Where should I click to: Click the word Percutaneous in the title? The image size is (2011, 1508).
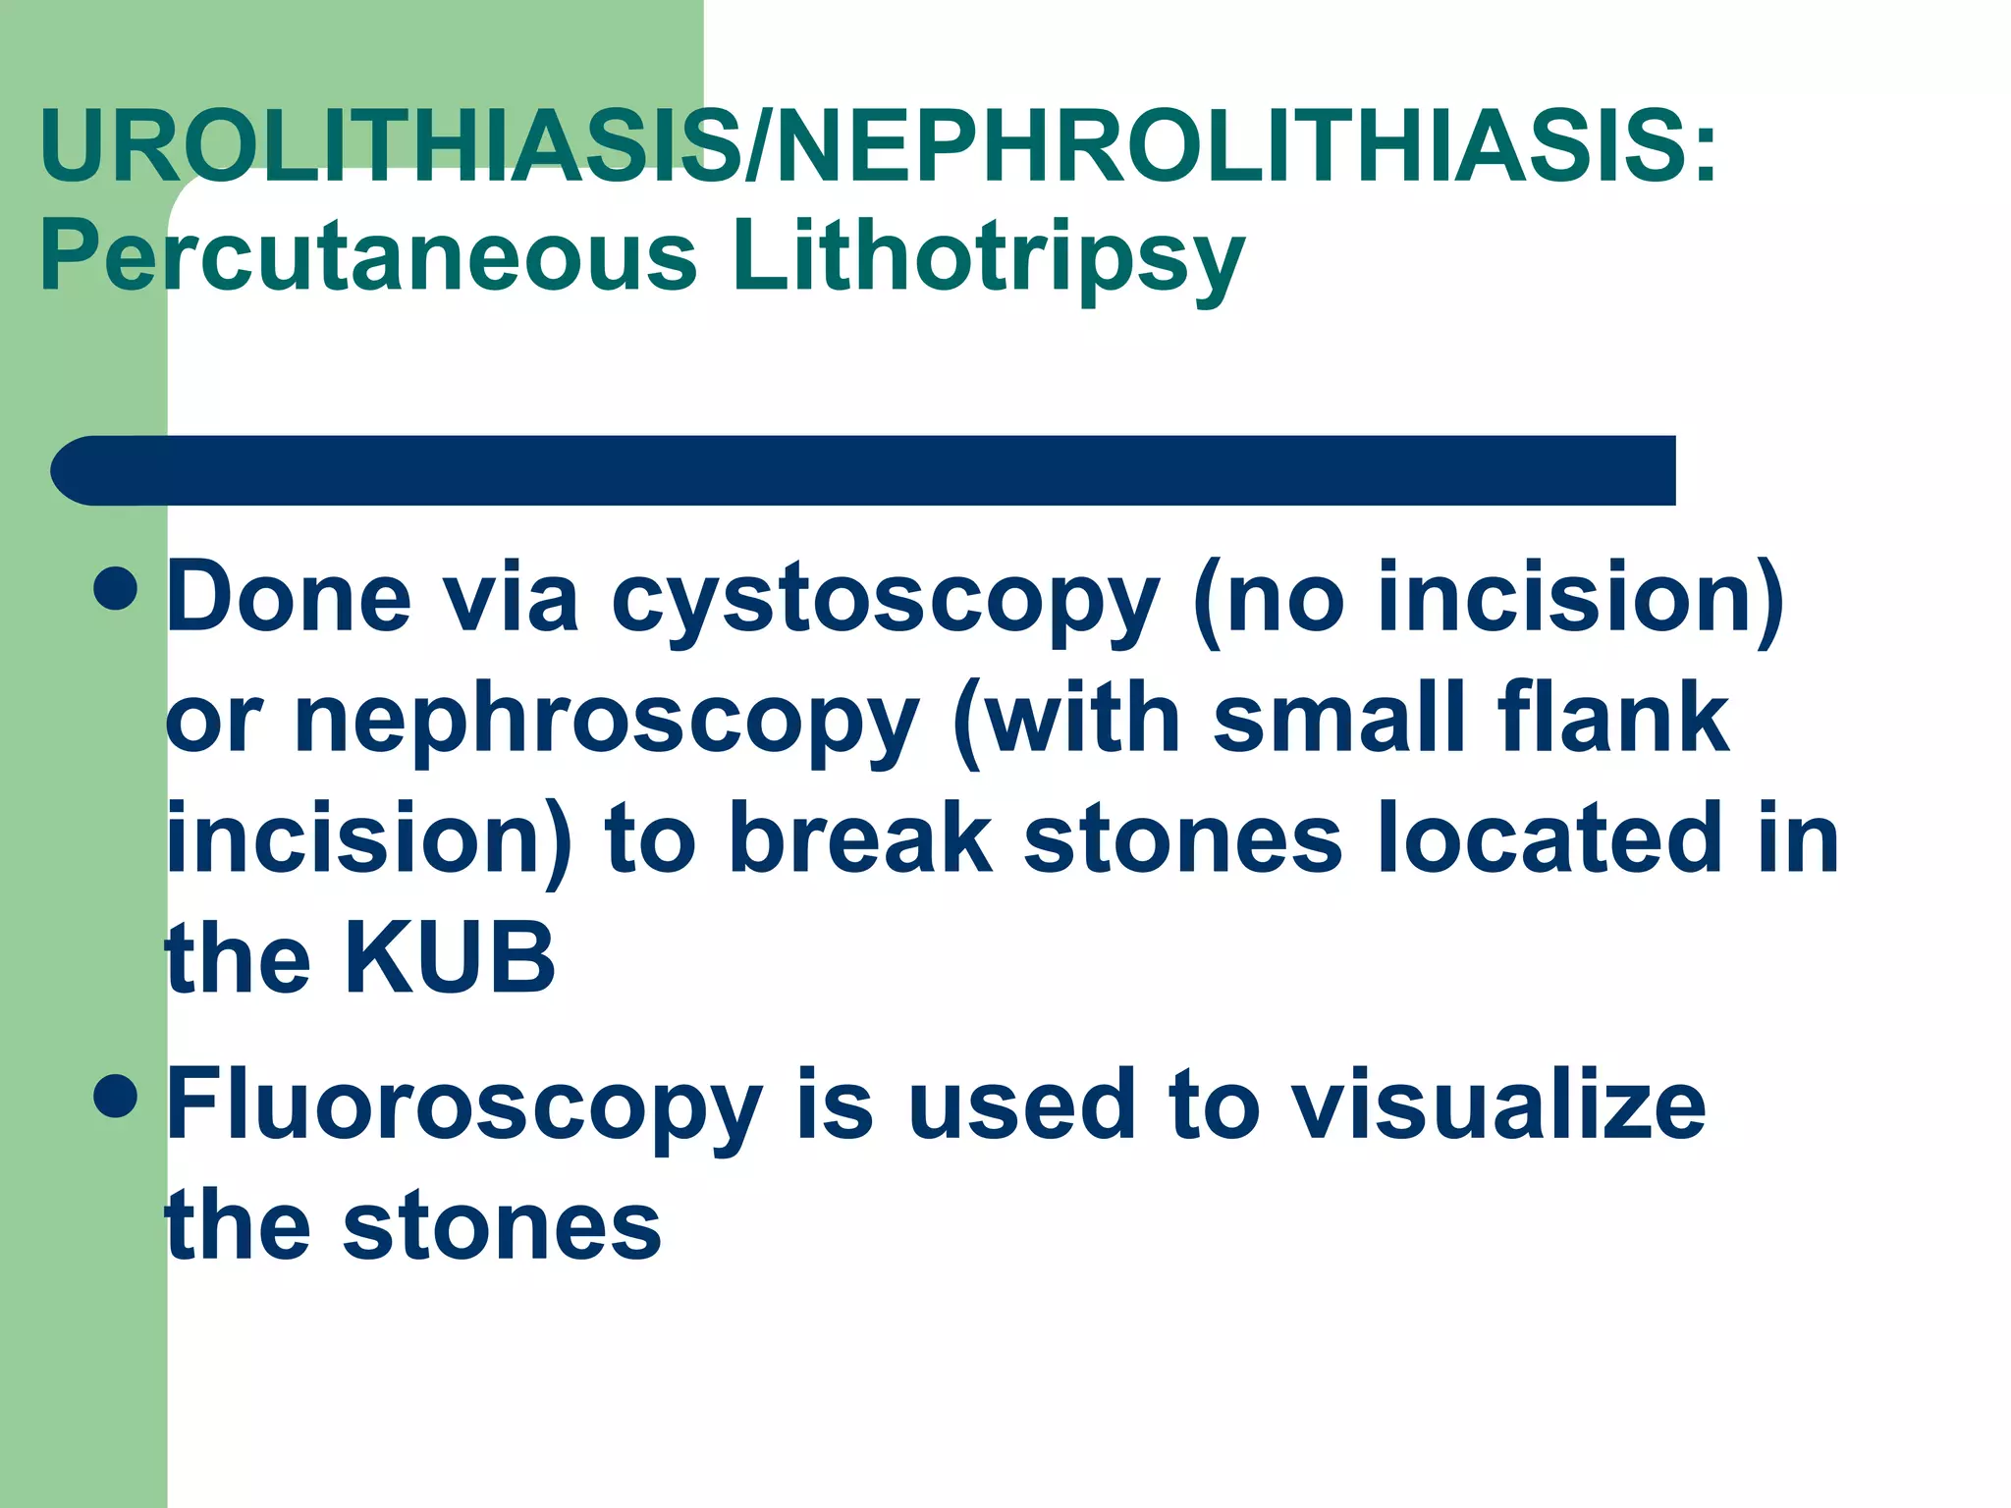tap(368, 257)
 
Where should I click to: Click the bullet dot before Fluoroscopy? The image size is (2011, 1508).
tap(117, 1096)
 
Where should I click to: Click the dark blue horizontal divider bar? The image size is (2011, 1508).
tap(864, 470)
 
